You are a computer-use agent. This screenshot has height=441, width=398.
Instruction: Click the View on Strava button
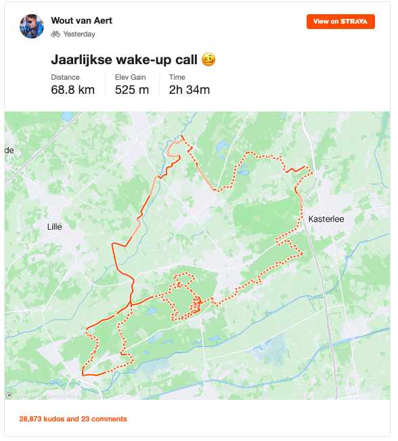point(340,22)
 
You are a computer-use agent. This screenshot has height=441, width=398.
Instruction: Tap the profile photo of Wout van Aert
point(32,26)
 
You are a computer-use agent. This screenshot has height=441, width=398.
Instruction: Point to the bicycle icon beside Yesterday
point(56,34)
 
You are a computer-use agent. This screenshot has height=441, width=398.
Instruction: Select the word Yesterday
point(79,34)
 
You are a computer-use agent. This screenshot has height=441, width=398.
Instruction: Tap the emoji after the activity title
point(209,60)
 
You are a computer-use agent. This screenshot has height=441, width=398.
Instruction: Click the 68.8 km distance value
point(73,90)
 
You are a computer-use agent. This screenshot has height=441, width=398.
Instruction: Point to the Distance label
point(65,77)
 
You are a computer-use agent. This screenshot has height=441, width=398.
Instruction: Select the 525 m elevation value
point(132,90)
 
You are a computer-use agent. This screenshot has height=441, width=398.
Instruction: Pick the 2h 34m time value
point(190,90)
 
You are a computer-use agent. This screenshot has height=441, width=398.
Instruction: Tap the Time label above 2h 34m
point(177,77)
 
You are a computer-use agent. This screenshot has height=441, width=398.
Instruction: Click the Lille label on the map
point(54,227)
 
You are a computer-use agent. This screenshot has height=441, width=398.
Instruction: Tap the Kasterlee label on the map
point(327,219)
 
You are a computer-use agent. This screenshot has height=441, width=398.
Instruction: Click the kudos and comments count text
point(73,419)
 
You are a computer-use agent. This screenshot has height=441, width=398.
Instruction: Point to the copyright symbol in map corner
point(9,395)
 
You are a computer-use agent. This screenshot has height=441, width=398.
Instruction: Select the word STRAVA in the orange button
point(354,22)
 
